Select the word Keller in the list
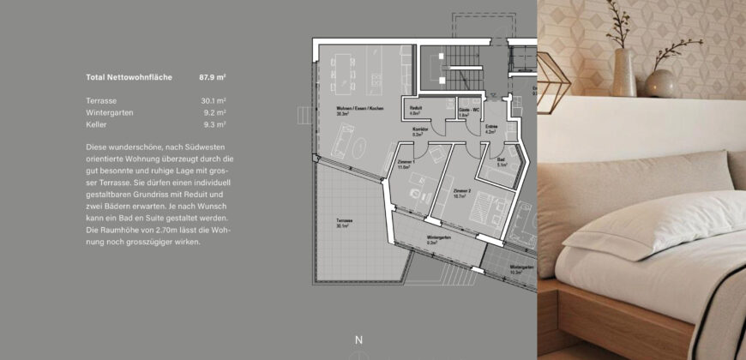(97, 125)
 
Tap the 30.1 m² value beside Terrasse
(213, 101)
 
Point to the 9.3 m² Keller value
(214, 125)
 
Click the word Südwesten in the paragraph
(216, 147)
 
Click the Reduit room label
(414, 110)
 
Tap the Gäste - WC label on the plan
(468, 111)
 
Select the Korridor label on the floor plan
(419, 131)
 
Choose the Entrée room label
(491, 129)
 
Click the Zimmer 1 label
(406, 165)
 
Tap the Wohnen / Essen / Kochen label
(359, 109)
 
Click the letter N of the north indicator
(358, 340)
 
